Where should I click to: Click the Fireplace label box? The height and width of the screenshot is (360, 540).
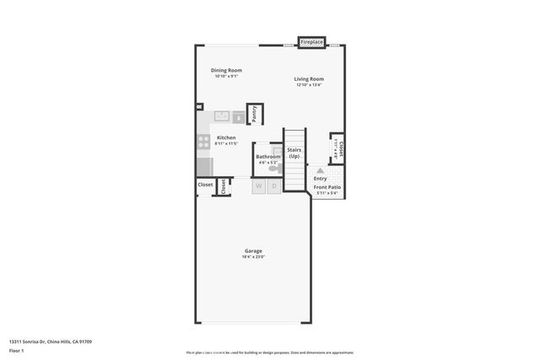coord(312,41)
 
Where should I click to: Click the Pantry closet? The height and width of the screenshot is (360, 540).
coord(254,114)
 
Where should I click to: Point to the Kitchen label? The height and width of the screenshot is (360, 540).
coord(226,137)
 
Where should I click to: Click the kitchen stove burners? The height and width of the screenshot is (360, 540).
coord(203,142)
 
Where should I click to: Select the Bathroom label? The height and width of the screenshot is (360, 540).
coord(268,156)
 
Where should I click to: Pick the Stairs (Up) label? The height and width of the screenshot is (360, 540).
coord(294,153)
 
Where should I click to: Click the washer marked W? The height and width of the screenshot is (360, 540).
coord(259,186)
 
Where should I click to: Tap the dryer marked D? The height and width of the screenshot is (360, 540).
coord(274,186)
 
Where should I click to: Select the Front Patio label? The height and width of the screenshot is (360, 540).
coord(327,187)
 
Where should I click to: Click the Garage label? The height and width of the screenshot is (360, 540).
coord(253,250)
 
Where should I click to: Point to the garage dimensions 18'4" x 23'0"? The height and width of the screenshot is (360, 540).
coord(253,257)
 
